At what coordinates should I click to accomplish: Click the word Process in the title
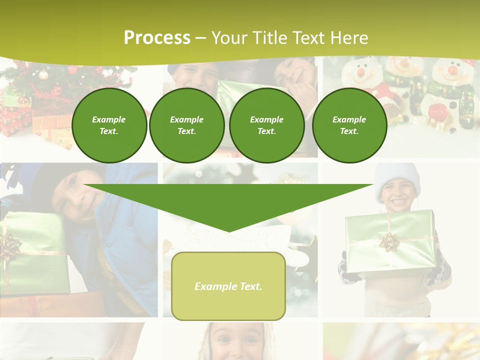click(x=157, y=38)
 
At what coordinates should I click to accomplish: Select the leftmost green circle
click(x=109, y=125)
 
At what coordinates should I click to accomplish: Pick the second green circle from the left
click(x=187, y=125)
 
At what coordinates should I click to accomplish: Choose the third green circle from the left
click(x=267, y=125)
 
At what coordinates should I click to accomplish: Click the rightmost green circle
click(x=349, y=125)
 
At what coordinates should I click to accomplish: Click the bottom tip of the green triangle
click(x=229, y=231)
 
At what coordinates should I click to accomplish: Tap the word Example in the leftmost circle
click(x=109, y=119)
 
